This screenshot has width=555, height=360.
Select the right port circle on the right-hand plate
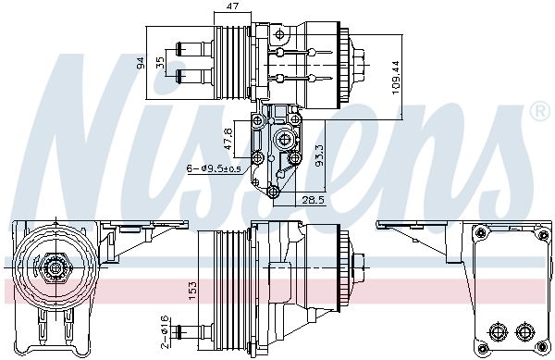coord(528,331)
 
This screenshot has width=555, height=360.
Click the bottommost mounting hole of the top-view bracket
coord(274,192)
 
